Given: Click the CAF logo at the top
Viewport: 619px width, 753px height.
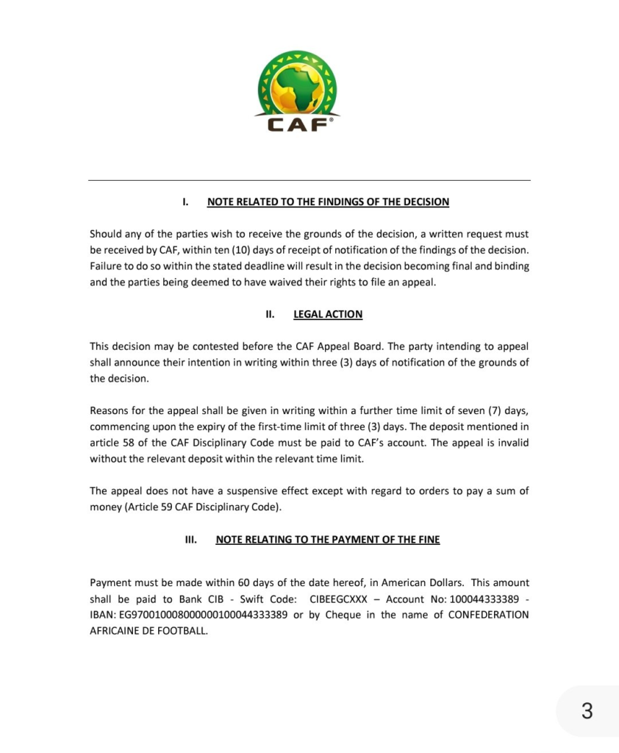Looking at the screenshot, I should (x=297, y=91).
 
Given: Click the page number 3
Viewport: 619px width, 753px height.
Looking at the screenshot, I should (x=587, y=711).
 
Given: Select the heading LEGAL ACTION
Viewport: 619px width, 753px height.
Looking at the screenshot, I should (x=328, y=314).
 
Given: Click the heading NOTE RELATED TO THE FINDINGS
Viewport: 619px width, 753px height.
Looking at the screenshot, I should (x=328, y=201).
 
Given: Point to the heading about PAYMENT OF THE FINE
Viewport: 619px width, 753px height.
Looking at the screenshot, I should (x=328, y=540).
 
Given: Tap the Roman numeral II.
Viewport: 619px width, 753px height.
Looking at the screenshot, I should (x=270, y=314).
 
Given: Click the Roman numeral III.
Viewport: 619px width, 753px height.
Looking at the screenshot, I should (x=191, y=540).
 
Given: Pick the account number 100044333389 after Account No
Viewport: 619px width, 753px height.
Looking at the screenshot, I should (x=483, y=599).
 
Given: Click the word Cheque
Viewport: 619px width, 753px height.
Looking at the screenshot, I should (x=343, y=615).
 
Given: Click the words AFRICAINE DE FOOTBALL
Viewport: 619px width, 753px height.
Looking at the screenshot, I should (x=149, y=631).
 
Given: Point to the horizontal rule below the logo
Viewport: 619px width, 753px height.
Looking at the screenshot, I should (x=309, y=180).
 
